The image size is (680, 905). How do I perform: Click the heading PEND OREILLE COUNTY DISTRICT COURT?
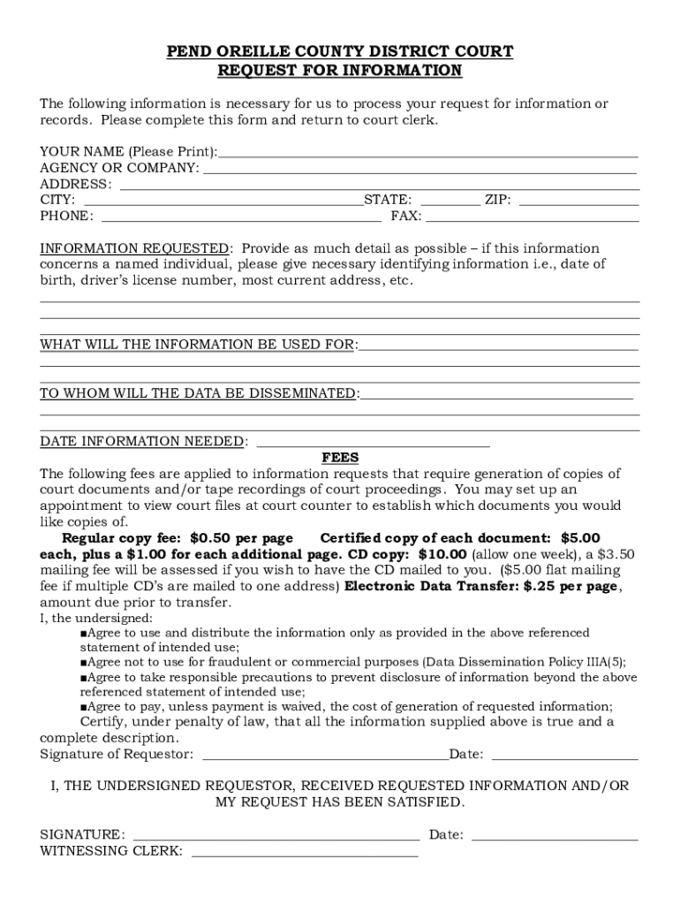pos(340,52)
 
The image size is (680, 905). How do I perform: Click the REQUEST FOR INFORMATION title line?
pos(340,71)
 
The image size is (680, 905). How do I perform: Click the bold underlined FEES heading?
pos(340,458)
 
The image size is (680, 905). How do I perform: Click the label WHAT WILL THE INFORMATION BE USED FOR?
pos(198,344)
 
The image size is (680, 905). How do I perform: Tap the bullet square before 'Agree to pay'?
pos(83,707)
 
